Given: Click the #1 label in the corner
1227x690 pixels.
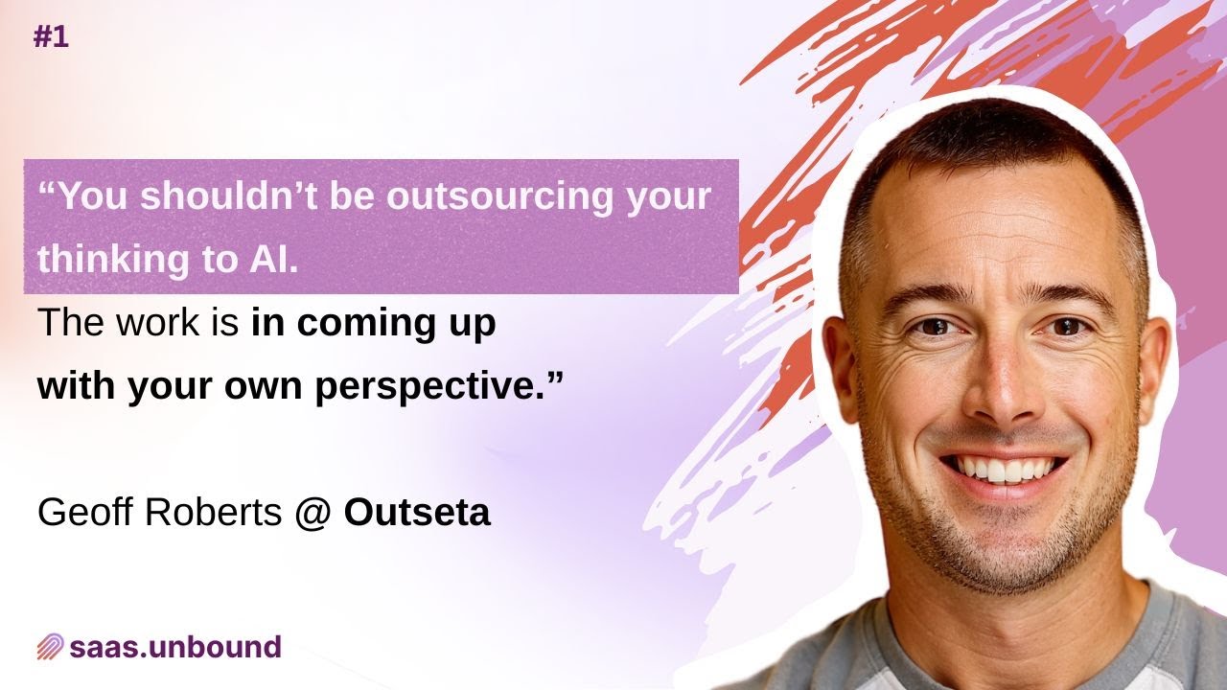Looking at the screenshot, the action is (51, 37).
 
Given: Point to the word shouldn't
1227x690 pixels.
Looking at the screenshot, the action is (229, 196).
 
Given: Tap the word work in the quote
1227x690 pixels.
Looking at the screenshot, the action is (158, 322).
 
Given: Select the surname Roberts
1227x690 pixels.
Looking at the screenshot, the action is (214, 512).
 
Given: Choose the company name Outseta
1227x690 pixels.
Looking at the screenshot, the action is (417, 513).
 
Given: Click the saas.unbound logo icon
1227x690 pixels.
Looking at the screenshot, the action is (50, 647).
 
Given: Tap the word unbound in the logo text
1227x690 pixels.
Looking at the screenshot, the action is (216, 646).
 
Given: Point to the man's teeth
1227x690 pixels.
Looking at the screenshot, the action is (1004, 470).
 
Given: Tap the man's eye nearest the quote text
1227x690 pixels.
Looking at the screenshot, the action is (934, 327).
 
